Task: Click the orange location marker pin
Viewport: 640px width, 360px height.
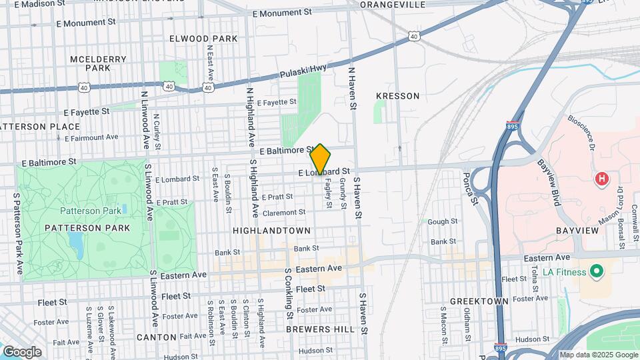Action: point(320,159)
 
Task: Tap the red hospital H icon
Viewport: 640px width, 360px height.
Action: point(602,179)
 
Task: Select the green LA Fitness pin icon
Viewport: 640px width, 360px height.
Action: point(597,272)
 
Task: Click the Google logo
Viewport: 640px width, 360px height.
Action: point(22,352)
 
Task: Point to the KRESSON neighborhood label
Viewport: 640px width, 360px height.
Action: point(398,96)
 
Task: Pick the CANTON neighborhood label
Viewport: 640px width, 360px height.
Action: point(157,337)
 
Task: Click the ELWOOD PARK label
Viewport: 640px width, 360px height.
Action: point(203,39)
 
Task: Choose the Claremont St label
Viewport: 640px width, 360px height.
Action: point(284,213)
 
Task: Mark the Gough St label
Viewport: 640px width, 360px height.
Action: point(443,221)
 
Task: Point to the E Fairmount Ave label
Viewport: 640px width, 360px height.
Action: point(92,137)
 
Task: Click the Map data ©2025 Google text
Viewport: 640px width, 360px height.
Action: point(598,355)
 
